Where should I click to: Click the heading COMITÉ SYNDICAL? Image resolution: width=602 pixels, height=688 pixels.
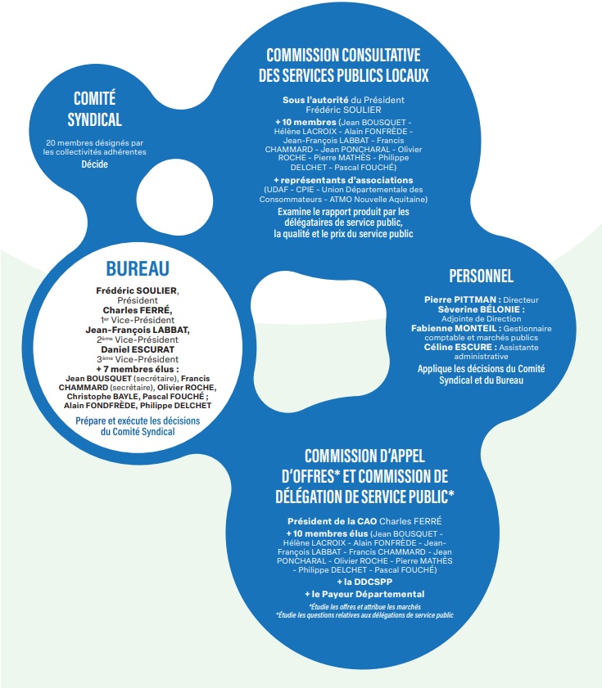click(94, 109)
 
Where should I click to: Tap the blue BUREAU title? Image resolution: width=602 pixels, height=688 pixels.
click(138, 268)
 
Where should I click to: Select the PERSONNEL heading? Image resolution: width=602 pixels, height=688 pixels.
click(481, 276)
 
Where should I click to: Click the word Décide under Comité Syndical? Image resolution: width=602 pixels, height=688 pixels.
click(94, 164)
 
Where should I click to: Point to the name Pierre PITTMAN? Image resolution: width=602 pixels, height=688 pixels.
click(460, 299)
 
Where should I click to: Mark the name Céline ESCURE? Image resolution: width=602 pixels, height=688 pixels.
click(458, 347)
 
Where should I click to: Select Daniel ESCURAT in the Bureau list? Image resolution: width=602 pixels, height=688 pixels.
click(138, 349)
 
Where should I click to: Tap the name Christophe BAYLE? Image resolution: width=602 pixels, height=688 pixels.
click(103, 396)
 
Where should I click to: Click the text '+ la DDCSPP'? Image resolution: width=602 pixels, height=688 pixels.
click(364, 582)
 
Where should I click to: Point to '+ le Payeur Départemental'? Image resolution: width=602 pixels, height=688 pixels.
click(364, 594)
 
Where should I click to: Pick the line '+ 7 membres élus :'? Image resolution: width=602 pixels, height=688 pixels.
click(138, 370)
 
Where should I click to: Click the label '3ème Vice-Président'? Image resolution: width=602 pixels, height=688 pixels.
click(138, 359)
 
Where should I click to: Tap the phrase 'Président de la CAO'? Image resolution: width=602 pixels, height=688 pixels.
click(333, 521)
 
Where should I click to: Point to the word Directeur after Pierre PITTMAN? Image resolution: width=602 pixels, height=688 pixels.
click(521, 300)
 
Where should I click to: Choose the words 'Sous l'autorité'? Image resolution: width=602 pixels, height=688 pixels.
click(315, 100)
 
